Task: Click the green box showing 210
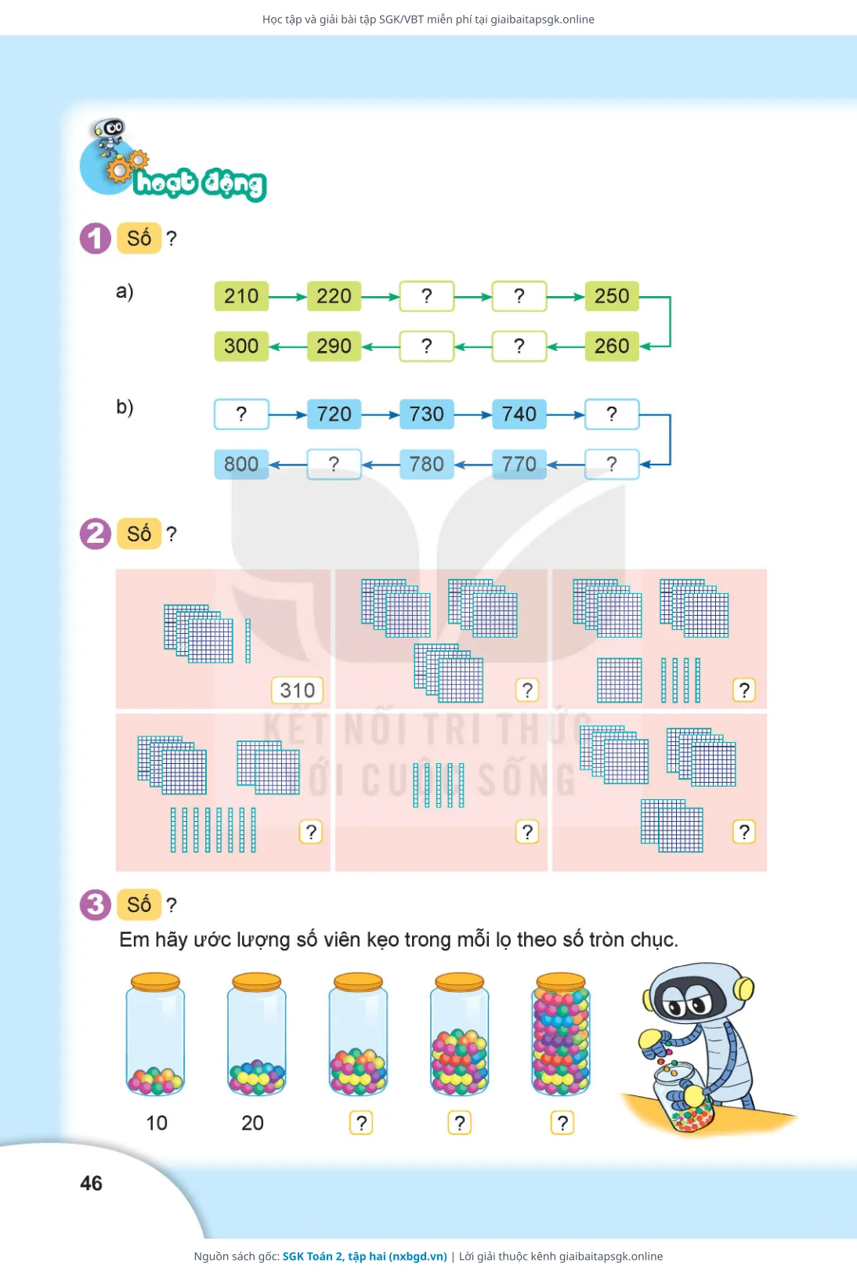tap(241, 295)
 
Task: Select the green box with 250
tap(611, 295)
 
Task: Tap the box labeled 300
tap(241, 346)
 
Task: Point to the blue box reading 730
tap(426, 414)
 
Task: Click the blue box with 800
tap(241, 464)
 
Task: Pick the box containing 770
tap(519, 464)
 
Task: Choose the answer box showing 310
tap(298, 690)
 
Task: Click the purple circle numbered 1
tap(95, 237)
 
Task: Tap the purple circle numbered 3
tap(95, 904)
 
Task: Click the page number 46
tap(91, 1183)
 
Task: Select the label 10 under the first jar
tap(157, 1123)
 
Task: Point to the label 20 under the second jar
tap(252, 1123)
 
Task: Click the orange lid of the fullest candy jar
tap(561, 982)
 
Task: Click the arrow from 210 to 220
tap(287, 296)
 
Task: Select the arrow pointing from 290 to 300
tap(287, 346)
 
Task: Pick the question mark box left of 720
tap(241, 414)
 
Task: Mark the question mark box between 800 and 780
tap(334, 464)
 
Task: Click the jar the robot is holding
tap(683, 1098)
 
